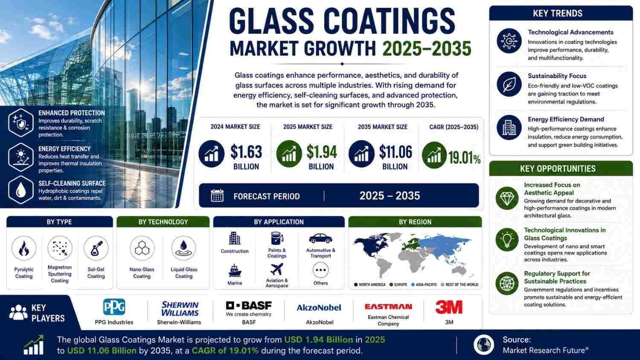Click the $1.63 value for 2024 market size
(246, 152)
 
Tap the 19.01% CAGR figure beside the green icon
(464, 158)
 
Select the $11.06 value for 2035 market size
(396, 152)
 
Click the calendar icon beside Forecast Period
(217, 196)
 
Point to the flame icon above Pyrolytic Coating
(24, 248)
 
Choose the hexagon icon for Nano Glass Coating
(142, 248)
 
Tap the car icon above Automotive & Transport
(320, 238)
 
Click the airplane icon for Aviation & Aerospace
(276, 270)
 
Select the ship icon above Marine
(235, 270)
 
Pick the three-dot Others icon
(320, 270)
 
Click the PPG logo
(114, 307)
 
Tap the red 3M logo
(449, 307)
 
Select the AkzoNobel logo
(319, 308)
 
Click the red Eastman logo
(388, 307)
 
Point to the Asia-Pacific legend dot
(413, 285)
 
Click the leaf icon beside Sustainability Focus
(509, 84)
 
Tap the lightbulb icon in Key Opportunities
(507, 239)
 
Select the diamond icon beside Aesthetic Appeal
(507, 198)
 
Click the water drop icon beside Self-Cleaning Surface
(21, 190)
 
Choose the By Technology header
(163, 222)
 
